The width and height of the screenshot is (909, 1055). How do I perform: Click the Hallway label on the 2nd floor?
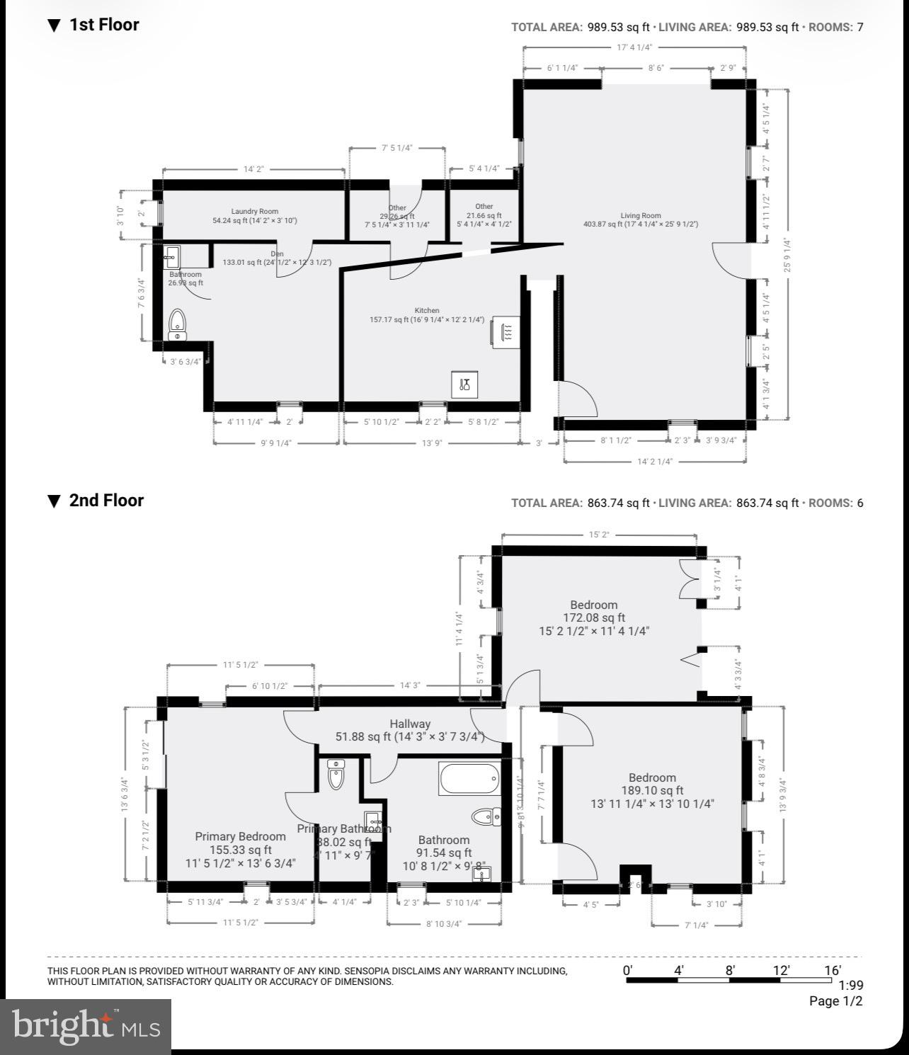[x=410, y=724]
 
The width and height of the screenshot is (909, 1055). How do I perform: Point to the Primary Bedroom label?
[x=241, y=836]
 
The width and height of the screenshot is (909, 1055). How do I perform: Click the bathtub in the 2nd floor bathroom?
[x=469, y=779]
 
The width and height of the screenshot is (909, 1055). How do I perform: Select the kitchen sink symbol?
[x=464, y=384]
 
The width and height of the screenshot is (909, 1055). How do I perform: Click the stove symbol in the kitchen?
[x=508, y=331]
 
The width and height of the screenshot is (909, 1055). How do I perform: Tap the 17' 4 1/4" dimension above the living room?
[x=634, y=47]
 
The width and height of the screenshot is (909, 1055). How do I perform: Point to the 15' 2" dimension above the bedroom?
[x=598, y=535]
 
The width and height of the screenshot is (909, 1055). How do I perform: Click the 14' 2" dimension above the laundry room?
[x=253, y=169]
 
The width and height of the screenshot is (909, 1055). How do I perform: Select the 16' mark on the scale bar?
[x=833, y=970]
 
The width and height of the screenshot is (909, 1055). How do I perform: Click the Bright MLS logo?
[x=85, y=1026]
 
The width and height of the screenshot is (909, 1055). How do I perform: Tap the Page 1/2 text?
[x=836, y=1001]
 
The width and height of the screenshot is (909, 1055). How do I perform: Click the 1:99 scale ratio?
[x=850, y=985]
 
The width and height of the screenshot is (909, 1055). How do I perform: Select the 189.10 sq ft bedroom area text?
[x=652, y=790]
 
